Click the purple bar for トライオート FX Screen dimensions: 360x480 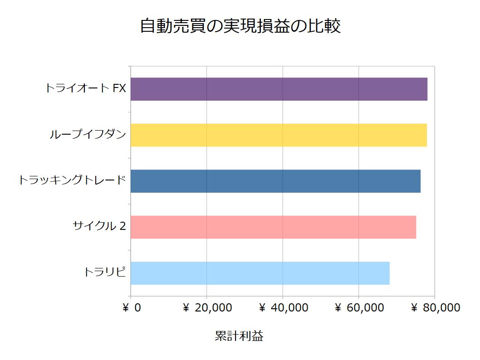click(x=279, y=89)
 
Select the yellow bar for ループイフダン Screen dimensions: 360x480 click(x=279, y=135)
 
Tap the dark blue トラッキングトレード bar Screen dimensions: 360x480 click(x=275, y=181)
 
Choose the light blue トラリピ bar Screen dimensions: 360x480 click(x=260, y=273)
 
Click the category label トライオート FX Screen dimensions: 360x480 click(x=85, y=88)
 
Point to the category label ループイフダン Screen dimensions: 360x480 click(x=88, y=134)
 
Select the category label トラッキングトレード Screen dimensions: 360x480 click(x=72, y=180)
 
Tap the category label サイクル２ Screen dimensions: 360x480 click(x=99, y=226)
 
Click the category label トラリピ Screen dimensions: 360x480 click(x=104, y=272)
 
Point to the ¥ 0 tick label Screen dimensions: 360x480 click(x=132, y=308)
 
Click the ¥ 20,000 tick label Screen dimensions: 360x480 click(x=207, y=308)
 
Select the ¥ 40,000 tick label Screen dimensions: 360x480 click(x=284, y=308)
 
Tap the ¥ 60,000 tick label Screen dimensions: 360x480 click(x=359, y=308)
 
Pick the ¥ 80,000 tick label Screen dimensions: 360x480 click(x=436, y=308)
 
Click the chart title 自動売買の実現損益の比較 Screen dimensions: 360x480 click(x=240, y=26)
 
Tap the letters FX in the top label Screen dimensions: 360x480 click(x=119, y=88)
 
